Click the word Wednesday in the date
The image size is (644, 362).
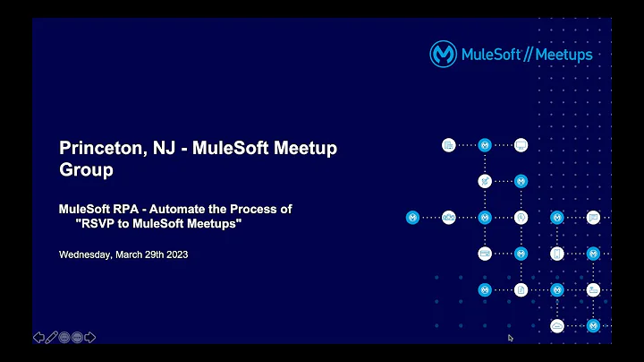[x=85, y=254]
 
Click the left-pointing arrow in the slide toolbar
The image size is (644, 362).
[x=38, y=337]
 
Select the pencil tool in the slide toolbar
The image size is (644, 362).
[x=51, y=337]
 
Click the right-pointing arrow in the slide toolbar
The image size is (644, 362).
[x=90, y=337]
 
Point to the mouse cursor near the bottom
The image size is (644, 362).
[x=510, y=338]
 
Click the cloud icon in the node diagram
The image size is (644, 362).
[x=556, y=325]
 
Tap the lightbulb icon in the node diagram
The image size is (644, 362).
[x=521, y=217]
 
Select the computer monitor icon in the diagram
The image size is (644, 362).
[x=521, y=144]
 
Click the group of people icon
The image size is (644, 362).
[x=448, y=217]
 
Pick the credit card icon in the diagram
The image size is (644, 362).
[x=484, y=254]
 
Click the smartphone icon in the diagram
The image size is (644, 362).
[x=556, y=254]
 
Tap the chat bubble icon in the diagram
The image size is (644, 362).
[x=592, y=217]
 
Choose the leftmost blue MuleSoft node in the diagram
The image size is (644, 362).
[x=412, y=217]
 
